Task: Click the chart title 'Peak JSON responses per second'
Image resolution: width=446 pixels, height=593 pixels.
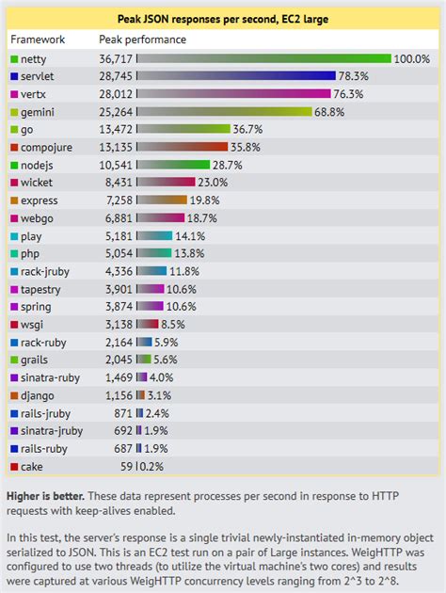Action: [223, 18]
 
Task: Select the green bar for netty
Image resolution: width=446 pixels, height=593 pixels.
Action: [263, 58]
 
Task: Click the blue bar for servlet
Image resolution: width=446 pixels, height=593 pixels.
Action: [236, 76]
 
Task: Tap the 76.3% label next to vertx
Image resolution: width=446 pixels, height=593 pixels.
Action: [351, 94]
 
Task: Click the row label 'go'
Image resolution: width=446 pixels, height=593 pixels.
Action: [27, 130]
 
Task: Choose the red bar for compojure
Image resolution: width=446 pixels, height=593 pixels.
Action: [183, 147]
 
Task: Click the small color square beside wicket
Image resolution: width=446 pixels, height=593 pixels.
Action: [13, 183]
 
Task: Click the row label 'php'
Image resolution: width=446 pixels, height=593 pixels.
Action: [30, 254]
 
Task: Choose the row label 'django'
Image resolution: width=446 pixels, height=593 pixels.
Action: [39, 395]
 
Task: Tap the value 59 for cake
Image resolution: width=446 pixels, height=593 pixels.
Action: [126, 466]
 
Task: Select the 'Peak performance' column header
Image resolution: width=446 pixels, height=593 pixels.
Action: [142, 40]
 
